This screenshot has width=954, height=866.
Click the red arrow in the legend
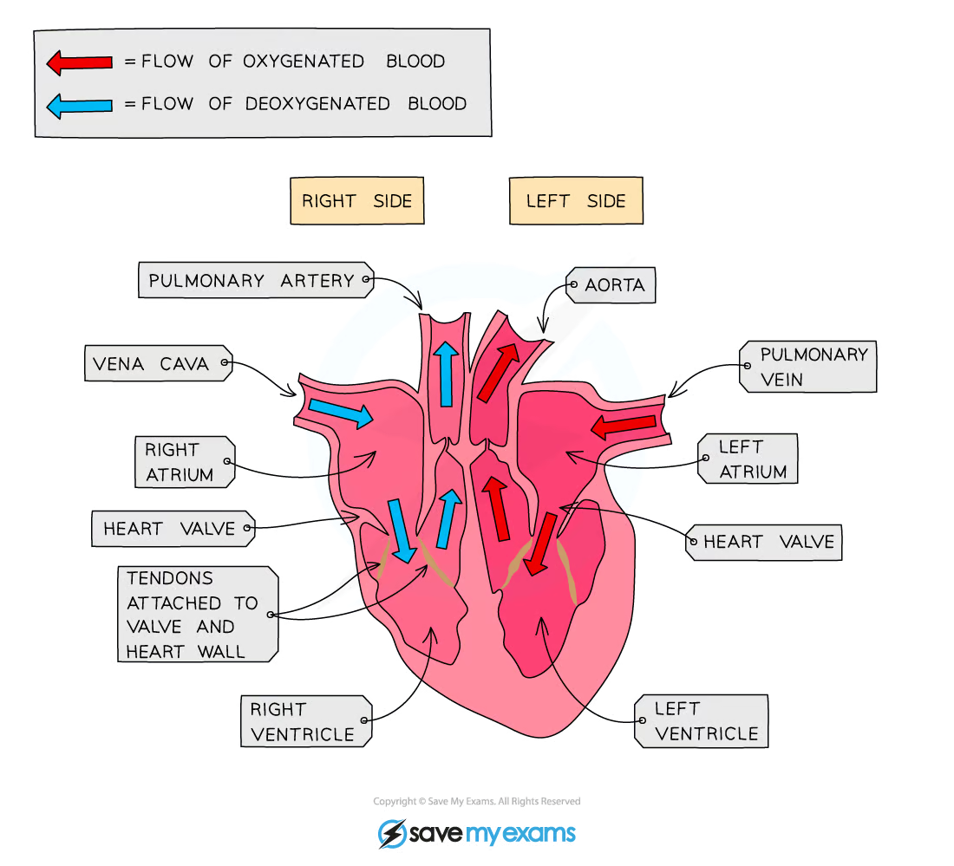[79, 62]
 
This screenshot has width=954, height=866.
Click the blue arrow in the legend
[79, 105]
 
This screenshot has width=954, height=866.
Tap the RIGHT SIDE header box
[356, 201]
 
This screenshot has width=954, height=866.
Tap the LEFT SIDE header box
[575, 201]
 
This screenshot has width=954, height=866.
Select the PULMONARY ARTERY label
[252, 281]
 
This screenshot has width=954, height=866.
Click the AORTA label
[614, 285]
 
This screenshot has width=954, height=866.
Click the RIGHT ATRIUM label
[180, 462]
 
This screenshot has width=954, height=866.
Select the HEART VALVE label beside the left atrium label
[768, 543]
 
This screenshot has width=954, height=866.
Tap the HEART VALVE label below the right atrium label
[170, 529]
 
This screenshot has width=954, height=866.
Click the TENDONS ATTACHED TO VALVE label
[193, 614]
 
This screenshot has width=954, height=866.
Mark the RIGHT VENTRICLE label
[304, 721]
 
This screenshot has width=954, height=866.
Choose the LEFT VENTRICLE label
[705, 721]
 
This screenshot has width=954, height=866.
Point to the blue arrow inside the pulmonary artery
[446, 374]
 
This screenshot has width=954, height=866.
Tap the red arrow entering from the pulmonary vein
[624, 425]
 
